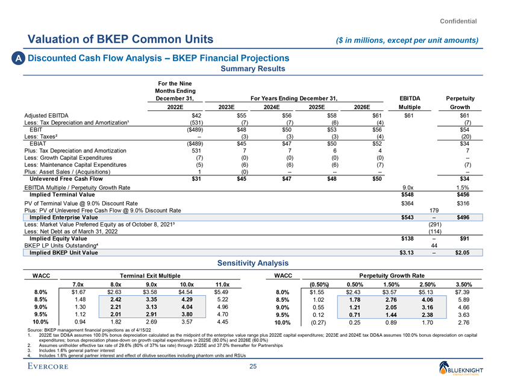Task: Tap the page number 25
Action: (253, 369)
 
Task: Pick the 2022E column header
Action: (166, 106)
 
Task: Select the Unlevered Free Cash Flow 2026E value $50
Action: (377, 178)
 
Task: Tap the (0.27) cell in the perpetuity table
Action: (317, 323)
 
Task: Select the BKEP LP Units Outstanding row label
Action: (57, 245)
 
